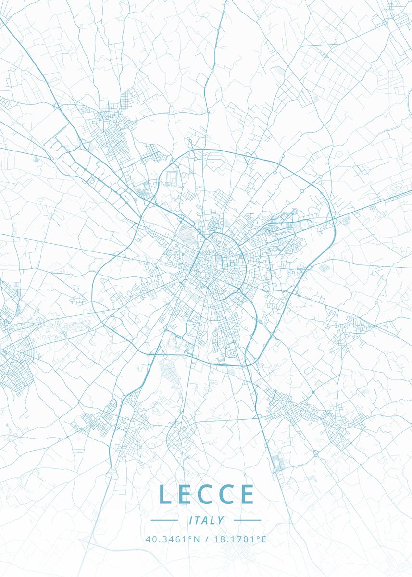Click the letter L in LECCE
(164, 494)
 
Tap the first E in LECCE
(186, 494)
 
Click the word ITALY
(207, 520)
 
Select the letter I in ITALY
(191, 520)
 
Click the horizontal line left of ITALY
(164, 520)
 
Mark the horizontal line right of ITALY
(247, 520)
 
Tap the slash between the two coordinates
(206, 539)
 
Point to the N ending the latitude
(197, 539)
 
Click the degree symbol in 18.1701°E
(257, 538)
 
